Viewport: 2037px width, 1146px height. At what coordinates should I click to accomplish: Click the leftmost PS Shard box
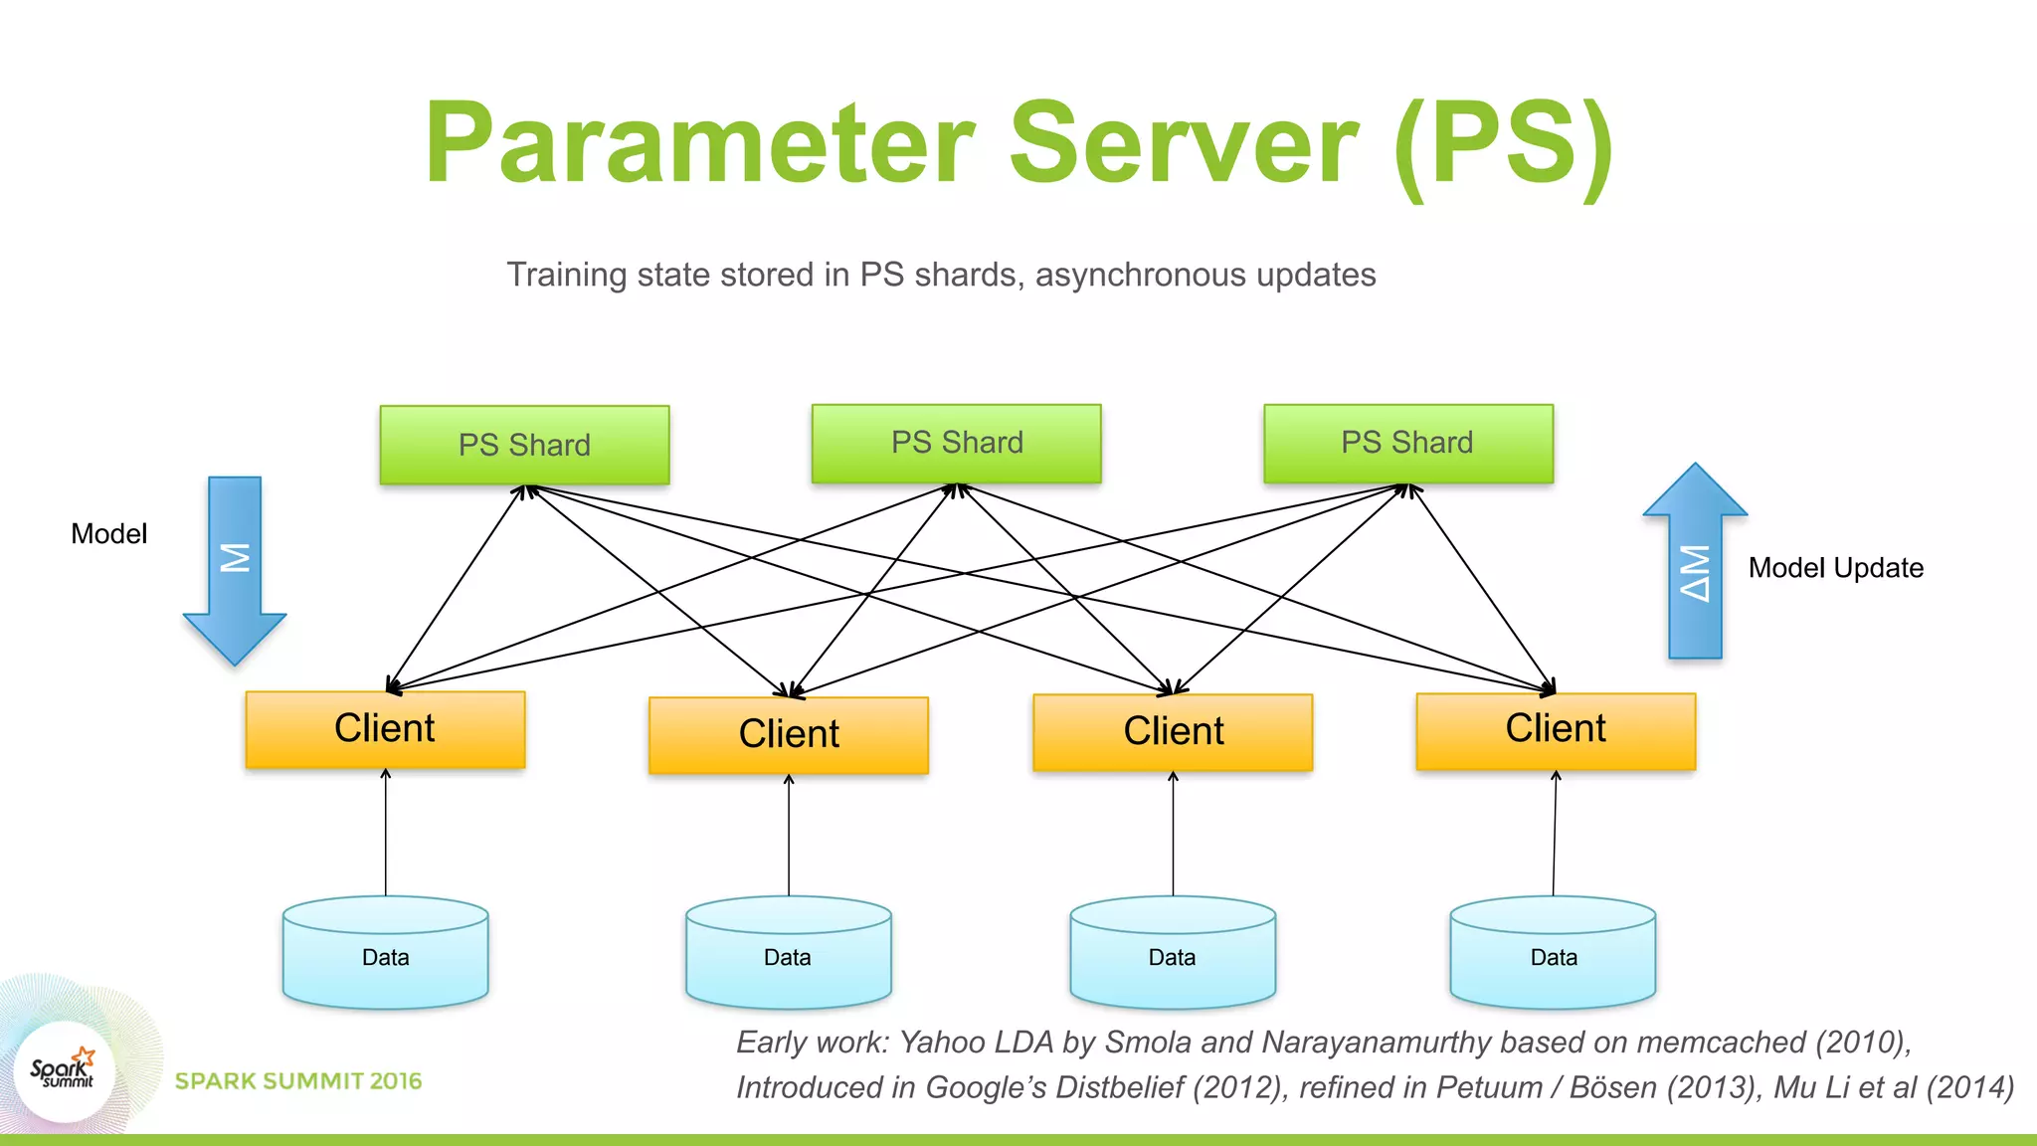pos(524,445)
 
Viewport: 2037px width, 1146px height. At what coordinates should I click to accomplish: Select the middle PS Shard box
pos(956,444)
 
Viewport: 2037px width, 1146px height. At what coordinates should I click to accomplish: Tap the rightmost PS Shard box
pos(1407,444)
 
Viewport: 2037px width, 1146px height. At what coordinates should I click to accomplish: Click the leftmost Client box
pos(385,729)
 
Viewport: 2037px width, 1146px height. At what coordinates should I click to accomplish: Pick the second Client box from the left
pos(788,735)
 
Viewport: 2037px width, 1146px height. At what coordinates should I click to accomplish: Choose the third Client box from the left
pos(1173,732)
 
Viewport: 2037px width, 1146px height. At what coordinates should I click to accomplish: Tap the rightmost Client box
pos(1555,730)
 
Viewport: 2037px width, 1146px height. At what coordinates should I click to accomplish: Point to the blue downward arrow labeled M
pos(235,567)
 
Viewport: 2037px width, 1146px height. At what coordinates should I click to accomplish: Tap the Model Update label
pos(1835,568)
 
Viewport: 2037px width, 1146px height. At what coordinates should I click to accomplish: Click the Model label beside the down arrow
pos(108,534)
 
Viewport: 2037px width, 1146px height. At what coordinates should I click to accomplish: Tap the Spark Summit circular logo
pos(64,1072)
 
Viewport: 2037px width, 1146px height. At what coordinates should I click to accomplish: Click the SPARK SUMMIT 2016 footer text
pos(298,1081)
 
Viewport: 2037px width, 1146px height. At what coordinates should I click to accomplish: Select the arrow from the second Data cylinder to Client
pos(789,836)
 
